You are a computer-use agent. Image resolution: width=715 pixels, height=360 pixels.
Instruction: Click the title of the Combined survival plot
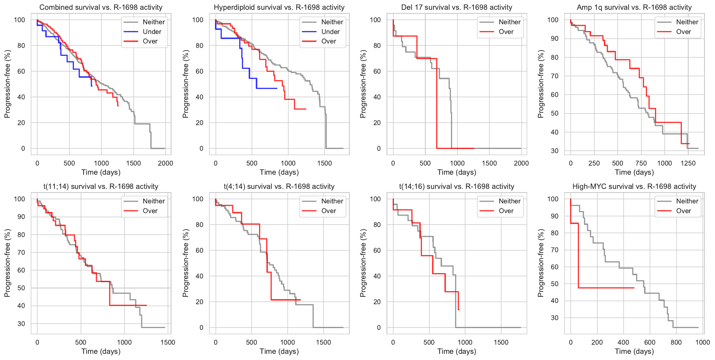[x=101, y=7]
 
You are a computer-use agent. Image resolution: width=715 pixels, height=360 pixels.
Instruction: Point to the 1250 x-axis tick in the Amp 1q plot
[x=688, y=163]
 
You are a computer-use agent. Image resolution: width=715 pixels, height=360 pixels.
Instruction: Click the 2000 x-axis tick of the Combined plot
[x=165, y=163]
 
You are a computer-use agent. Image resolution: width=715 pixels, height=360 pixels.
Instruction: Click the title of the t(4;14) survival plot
[x=279, y=187]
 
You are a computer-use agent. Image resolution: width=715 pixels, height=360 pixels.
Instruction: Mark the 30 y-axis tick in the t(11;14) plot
[x=21, y=324]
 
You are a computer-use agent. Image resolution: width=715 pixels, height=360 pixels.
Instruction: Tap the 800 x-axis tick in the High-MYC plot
[x=676, y=342]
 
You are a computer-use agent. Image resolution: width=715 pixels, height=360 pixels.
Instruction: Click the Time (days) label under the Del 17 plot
[x=457, y=172]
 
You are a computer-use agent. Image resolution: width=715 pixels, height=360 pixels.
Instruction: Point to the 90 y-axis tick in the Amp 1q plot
[x=553, y=39]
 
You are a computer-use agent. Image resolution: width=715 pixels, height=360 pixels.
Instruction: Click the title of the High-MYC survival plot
[x=634, y=187]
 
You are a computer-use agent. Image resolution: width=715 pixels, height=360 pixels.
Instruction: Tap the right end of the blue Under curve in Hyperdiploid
[x=277, y=88]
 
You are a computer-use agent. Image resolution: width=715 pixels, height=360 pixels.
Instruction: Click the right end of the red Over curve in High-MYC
[x=634, y=288]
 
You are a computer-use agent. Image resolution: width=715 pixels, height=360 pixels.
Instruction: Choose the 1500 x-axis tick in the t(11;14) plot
[x=168, y=342]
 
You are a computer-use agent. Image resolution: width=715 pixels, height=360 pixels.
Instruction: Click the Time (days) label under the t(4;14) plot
[x=279, y=351]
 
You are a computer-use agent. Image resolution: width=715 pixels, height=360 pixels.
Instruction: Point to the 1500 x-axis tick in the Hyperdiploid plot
[x=325, y=163]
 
